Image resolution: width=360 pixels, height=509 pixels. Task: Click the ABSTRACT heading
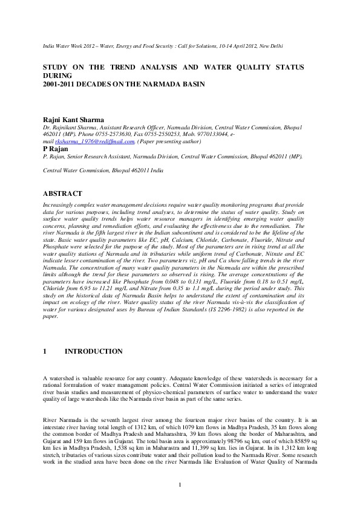coord(64,193)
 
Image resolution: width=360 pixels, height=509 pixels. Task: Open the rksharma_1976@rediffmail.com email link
coord(90,141)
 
